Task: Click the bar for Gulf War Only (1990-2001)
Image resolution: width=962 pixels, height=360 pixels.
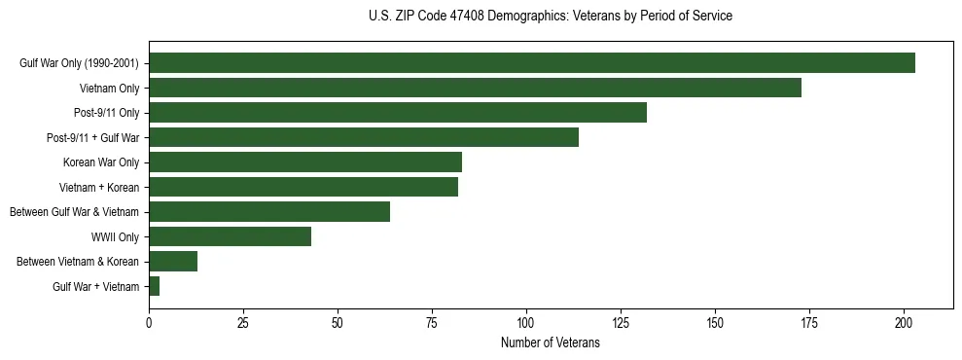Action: (x=531, y=63)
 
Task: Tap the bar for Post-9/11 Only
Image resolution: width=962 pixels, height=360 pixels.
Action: (x=397, y=113)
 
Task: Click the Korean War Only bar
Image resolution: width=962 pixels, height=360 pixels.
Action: (x=304, y=162)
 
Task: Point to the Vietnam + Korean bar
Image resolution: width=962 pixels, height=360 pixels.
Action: (x=303, y=187)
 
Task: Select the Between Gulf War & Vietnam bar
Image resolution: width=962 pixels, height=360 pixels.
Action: (x=268, y=212)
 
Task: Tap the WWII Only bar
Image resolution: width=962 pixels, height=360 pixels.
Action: (x=230, y=236)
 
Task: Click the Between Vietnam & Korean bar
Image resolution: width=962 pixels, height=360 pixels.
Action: (x=173, y=262)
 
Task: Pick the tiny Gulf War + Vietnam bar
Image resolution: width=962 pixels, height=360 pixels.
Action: (x=154, y=286)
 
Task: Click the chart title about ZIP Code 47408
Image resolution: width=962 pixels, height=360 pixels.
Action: (x=551, y=17)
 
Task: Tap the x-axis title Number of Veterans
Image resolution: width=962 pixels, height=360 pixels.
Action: (x=551, y=343)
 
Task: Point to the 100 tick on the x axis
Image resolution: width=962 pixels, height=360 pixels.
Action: (x=526, y=322)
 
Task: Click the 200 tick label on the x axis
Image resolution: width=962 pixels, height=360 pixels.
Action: (x=904, y=322)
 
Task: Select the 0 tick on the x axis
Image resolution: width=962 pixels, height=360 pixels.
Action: (x=149, y=322)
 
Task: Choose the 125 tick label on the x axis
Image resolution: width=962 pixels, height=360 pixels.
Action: (x=621, y=322)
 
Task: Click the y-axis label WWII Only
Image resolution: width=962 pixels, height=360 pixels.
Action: (x=115, y=236)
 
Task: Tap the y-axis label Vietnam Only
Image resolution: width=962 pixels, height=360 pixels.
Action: (x=110, y=88)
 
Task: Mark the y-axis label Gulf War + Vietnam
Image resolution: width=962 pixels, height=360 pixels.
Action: (x=95, y=286)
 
